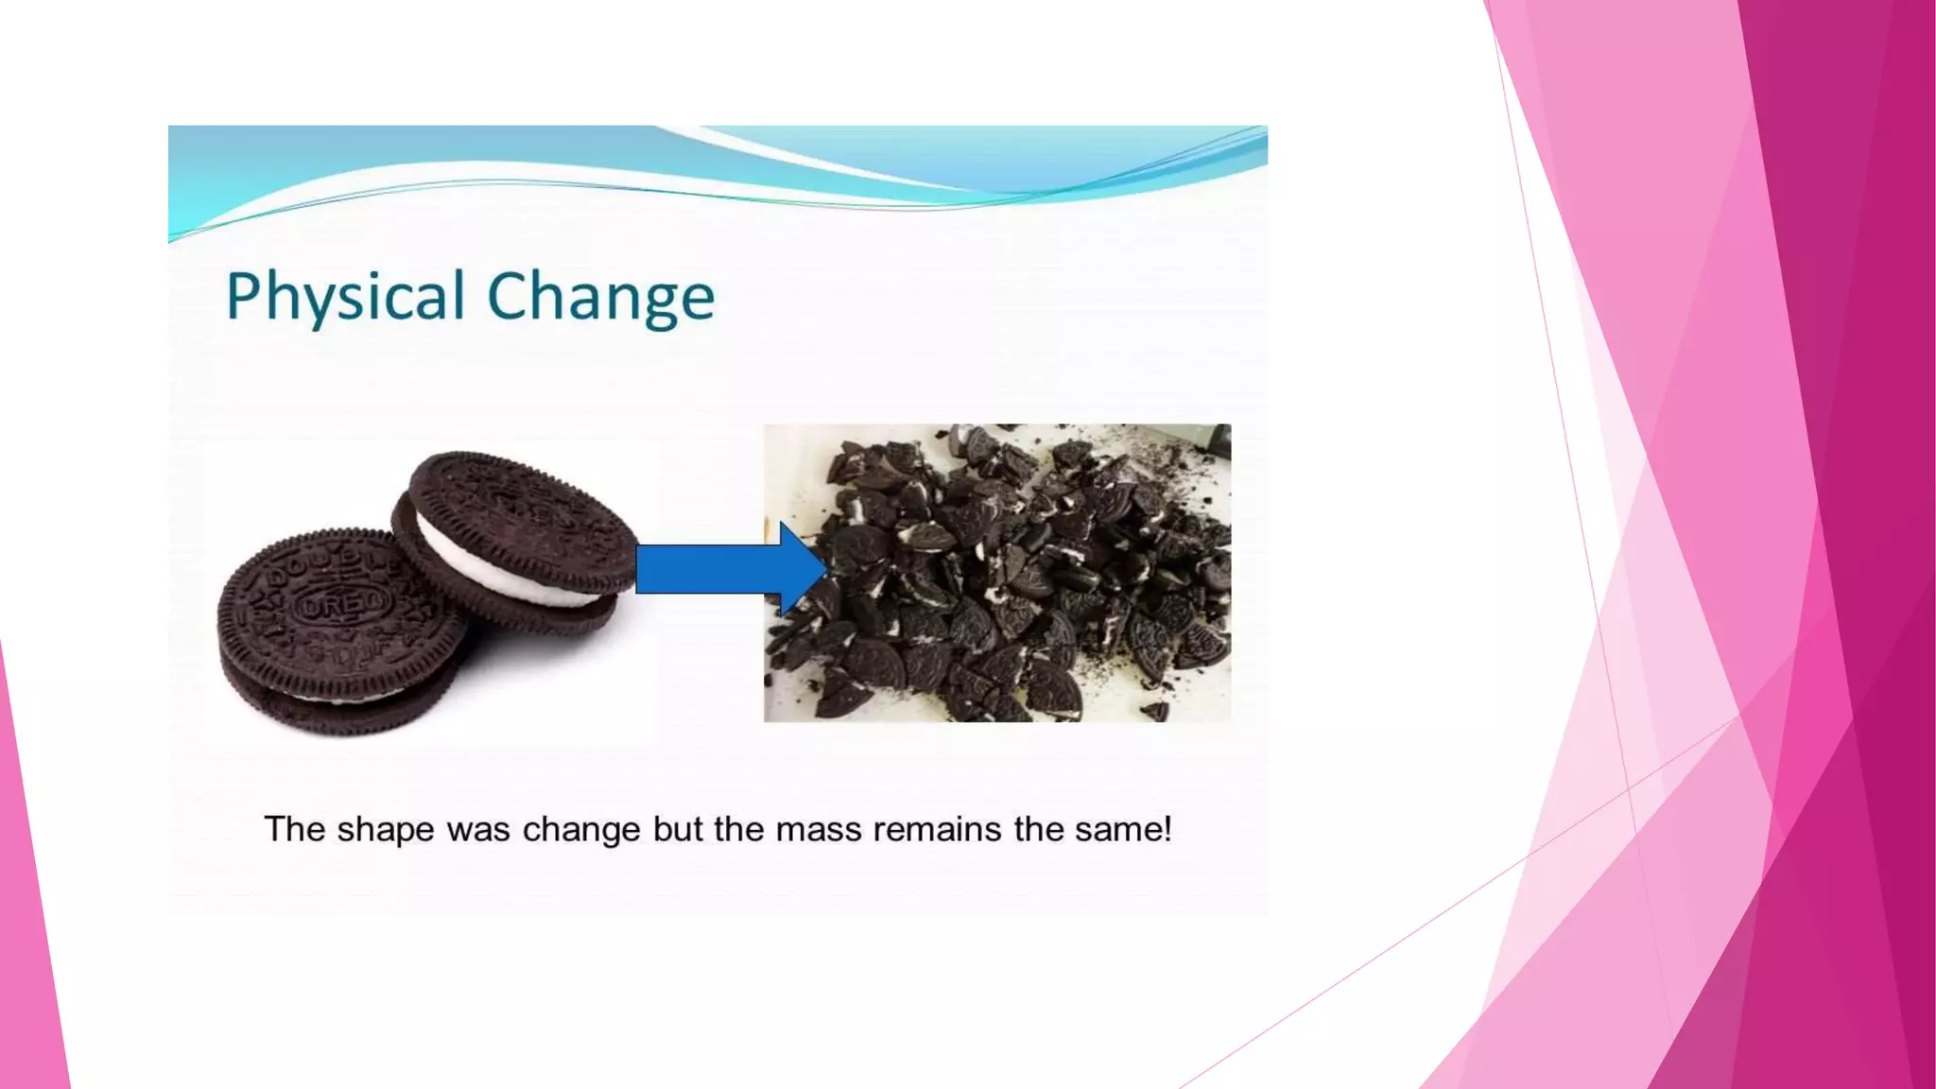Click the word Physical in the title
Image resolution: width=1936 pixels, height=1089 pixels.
click(x=345, y=297)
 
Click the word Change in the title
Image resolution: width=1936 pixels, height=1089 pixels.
click(x=600, y=297)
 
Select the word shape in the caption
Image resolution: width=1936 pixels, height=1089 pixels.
click(x=382, y=830)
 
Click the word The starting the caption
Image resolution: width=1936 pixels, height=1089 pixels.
click(x=295, y=830)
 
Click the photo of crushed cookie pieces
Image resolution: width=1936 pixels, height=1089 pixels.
click(x=997, y=573)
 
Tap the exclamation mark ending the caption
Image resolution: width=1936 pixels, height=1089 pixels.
click(x=1167, y=828)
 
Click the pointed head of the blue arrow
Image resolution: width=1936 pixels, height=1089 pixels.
click(x=804, y=569)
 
